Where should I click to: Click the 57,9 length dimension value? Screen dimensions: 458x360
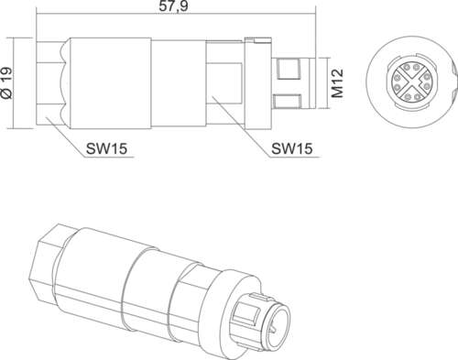pos(173,6)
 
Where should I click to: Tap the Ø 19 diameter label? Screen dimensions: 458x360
pos(7,82)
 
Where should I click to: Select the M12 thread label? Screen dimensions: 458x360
pos(337,83)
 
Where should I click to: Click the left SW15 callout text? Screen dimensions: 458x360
pos(106,148)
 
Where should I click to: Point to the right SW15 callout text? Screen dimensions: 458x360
pos(292,148)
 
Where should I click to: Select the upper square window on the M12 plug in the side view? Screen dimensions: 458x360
pos(288,68)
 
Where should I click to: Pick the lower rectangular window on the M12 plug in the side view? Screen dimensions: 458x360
pos(287,101)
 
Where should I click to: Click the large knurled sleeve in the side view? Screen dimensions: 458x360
pos(111,83)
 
